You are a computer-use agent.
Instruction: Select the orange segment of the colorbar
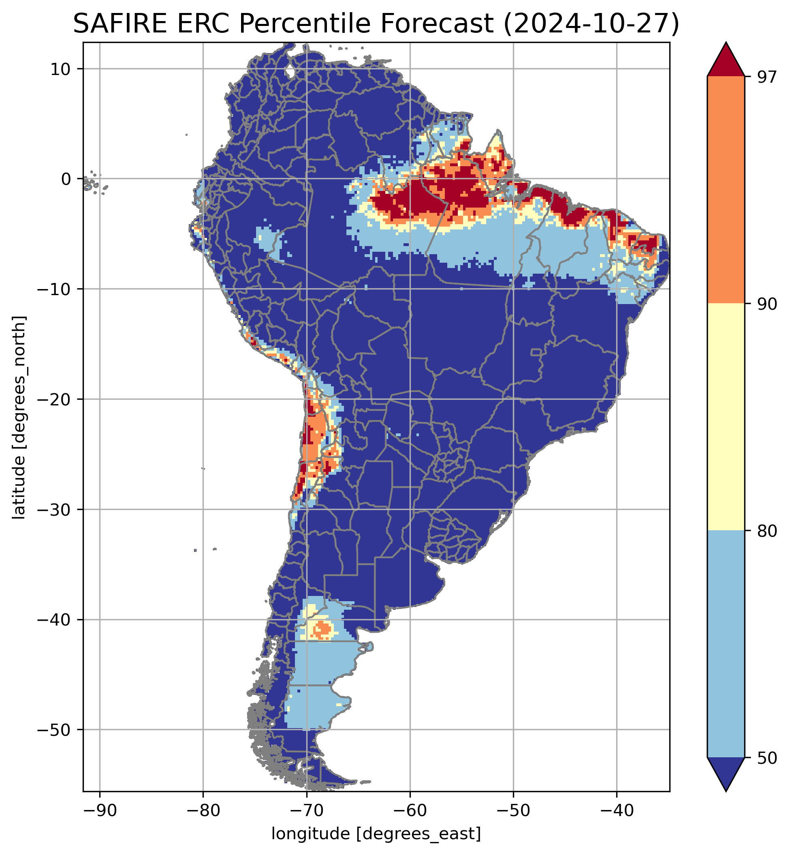(x=726, y=190)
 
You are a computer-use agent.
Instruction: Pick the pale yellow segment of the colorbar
(x=726, y=417)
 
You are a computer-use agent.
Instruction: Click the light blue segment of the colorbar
(x=726, y=644)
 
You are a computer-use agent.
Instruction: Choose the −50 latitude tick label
(x=55, y=730)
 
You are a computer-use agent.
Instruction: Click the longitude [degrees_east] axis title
(x=376, y=834)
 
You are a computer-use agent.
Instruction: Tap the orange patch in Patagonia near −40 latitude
(x=323, y=629)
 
